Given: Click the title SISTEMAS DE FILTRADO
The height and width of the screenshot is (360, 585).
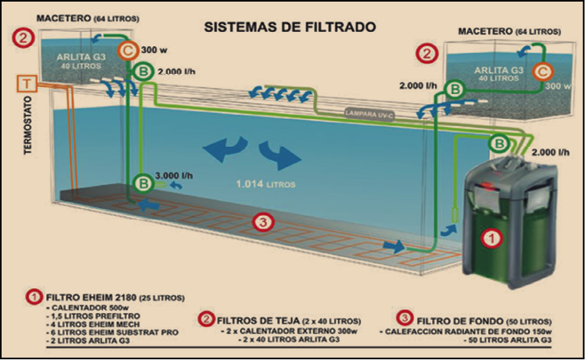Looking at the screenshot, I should click(292, 27).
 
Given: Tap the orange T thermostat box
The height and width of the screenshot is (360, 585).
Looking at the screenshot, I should click(28, 84).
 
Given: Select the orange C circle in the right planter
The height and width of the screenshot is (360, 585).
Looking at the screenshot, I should click(541, 71).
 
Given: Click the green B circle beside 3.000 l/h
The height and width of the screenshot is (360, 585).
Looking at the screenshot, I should click(142, 183).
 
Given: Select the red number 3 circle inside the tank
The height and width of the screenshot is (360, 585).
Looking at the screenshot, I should click(260, 221).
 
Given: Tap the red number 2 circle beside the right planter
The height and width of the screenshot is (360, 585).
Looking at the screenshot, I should click(429, 53).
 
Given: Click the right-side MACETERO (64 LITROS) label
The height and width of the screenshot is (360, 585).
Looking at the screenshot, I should click(509, 31).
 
